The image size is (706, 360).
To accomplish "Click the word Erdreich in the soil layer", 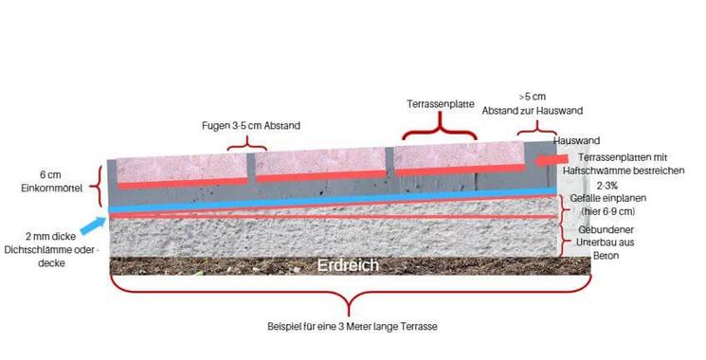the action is point(349,265).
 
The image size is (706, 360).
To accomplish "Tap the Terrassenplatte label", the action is point(440,103).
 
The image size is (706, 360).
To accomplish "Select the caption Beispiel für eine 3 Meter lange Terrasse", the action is point(353,327).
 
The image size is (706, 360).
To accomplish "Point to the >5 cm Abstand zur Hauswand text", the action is point(536,104).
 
